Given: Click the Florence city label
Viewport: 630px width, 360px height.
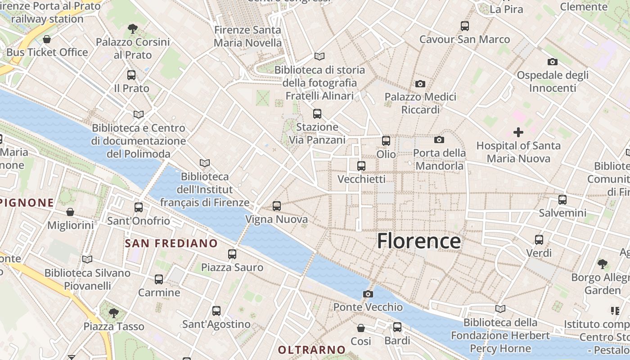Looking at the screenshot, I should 418,241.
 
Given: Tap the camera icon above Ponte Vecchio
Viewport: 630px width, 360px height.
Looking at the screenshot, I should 368,294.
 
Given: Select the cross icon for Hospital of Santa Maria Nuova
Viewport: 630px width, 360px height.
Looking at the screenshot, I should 518,132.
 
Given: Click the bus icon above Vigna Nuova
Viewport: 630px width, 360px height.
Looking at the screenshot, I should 277,206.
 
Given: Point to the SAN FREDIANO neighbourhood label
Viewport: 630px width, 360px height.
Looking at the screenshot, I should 171,243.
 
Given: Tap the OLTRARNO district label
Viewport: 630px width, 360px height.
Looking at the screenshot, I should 311,350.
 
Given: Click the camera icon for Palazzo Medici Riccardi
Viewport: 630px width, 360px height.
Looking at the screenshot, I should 420,84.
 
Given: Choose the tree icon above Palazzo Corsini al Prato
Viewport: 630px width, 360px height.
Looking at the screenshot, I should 132,29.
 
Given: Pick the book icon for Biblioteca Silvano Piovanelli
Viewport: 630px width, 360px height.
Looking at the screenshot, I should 87,260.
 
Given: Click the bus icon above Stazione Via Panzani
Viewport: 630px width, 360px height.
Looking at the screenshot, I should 317,114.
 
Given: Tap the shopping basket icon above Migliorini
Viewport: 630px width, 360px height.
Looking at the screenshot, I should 70,212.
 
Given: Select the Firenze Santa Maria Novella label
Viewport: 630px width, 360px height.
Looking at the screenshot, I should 247,36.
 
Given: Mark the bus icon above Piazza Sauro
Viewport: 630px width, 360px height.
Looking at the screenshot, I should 232,254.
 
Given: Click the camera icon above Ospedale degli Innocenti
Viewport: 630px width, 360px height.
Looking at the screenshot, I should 553,62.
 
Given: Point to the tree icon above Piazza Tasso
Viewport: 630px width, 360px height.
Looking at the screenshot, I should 114,313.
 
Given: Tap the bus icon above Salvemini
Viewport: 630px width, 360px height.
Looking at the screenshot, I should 562,200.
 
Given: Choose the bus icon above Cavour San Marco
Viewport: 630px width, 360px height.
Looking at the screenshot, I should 465,26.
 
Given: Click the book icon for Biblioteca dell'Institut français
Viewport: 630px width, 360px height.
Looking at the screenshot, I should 205,163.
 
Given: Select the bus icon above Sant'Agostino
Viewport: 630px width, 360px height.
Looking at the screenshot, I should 216,311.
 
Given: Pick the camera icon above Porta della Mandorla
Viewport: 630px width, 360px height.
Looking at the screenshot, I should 439,140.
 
